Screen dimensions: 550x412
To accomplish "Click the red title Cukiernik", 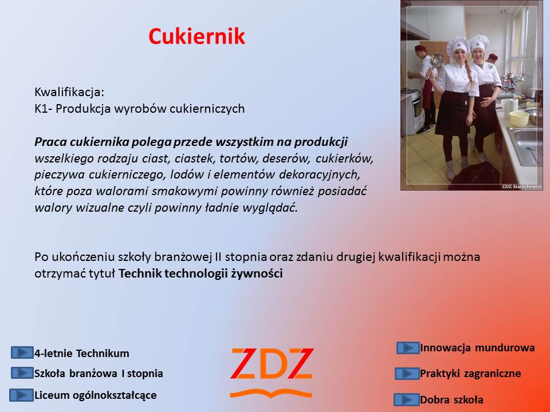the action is [197, 36].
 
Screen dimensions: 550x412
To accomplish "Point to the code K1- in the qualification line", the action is [44, 109].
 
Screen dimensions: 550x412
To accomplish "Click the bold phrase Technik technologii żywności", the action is [201, 274].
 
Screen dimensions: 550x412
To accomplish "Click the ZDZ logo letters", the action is [272, 363].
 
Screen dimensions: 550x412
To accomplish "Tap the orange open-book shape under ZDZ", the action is [271, 393].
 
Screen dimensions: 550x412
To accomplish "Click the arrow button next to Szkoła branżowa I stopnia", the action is [22, 373].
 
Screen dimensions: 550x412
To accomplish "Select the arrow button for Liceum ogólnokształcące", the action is [21, 395].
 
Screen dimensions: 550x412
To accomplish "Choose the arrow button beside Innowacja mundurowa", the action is [408, 348].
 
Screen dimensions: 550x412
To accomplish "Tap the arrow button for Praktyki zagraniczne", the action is [407, 374].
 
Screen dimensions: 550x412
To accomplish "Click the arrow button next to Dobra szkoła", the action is [407, 399].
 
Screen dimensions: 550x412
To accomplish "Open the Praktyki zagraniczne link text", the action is [470, 374].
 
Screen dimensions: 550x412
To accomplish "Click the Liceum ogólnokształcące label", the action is [96, 395].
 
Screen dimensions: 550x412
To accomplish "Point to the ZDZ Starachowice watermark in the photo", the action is [521, 187].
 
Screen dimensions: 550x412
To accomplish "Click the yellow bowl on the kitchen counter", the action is [519, 118].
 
